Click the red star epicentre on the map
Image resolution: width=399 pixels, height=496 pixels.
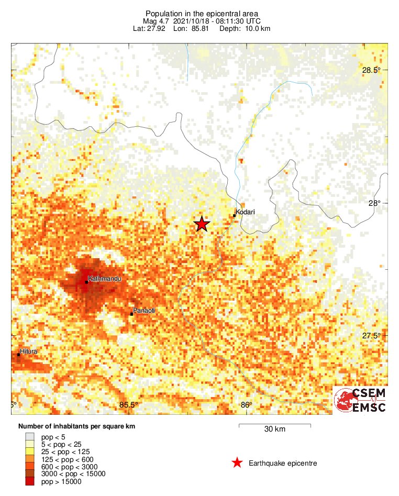(x=202, y=224)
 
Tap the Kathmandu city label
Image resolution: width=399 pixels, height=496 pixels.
(x=105, y=279)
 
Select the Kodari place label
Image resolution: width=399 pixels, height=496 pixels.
(x=246, y=212)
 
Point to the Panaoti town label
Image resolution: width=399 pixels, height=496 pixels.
(x=145, y=311)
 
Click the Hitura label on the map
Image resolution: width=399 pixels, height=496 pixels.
(x=28, y=351)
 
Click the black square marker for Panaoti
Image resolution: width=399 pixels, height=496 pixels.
(x=131, y=314)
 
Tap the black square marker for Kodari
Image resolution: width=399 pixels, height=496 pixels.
(x=234, y=215)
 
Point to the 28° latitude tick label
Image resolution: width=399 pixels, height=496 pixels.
(x=374, y=203)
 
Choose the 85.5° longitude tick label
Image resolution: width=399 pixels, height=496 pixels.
(x=128, y=404)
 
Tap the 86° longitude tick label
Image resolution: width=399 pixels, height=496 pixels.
(x=247, y=404)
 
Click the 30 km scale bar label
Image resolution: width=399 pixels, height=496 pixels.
(x=275, y=429)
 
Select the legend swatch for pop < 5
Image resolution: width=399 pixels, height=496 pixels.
(x=29, y=437)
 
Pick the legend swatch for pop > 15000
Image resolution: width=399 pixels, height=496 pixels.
(x=29, y=482)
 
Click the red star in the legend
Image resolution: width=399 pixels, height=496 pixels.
(x=237, y=462)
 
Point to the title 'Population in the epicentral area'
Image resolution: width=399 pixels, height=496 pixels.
(x=202, y=13)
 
